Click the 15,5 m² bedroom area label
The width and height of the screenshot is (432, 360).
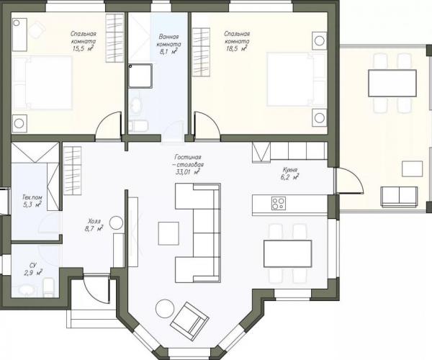[x=83, y=41]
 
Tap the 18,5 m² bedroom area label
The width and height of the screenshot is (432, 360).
[x=237, y=41]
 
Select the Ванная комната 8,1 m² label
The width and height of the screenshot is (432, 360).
[x=168, y=44]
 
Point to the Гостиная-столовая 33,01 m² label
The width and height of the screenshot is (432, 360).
[x=189, y=165]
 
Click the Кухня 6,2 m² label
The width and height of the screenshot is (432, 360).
[x=290, y=174]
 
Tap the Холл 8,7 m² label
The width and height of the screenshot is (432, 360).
[x=94, y=225]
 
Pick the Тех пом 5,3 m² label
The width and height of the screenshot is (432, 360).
[x=32, y=201]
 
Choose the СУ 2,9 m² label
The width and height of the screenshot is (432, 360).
[x=33, y=269]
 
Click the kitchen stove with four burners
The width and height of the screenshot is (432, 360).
[x=278, y=203]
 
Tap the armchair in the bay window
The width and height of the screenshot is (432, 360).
[x=189, y=318]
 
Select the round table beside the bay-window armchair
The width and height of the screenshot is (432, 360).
[x=165, y=309]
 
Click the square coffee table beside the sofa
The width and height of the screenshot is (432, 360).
[x=168, y=233]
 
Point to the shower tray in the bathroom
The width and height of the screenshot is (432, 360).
[x=140, y=76]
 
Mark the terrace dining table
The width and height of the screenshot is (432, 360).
[x=392, y=84]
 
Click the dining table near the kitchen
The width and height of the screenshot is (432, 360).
[x=287, y=253]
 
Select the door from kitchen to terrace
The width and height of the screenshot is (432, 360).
[x=349, y=180]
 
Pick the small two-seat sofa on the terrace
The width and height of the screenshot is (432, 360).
[x=399, y=197]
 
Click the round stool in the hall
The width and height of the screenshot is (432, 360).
[x=116, y=222]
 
